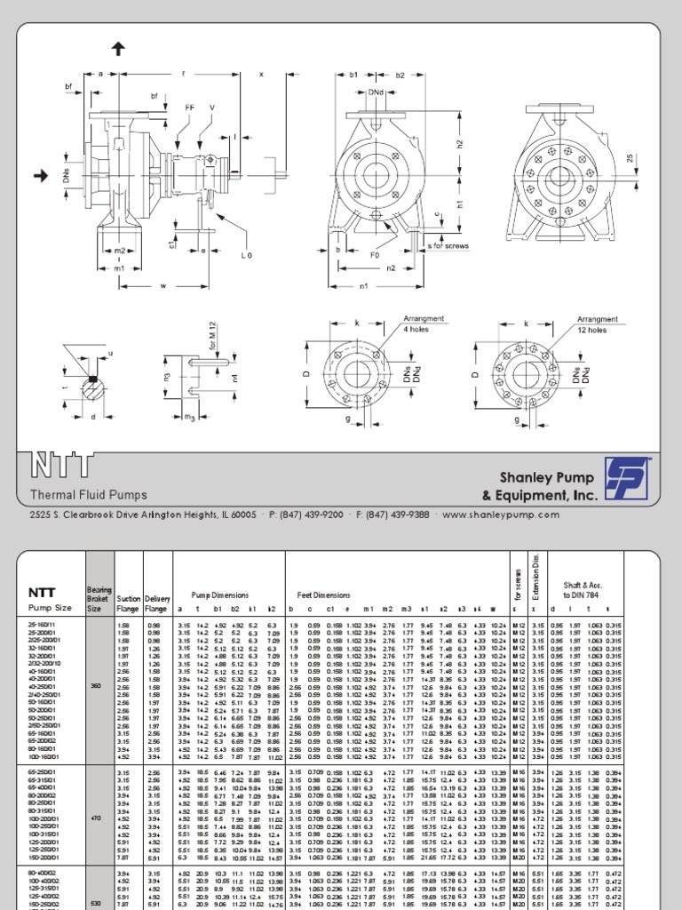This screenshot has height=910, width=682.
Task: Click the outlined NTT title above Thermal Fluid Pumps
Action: (x=61, y=465)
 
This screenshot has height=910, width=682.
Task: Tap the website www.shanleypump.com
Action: (x=512, y=515)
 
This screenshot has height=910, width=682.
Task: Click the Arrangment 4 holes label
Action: (x=423, y=323)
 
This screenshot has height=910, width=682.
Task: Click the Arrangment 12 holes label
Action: (x=597, y=323)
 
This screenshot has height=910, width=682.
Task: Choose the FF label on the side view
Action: (x=189, y=108)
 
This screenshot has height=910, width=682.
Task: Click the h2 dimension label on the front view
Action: (x=459, y=144)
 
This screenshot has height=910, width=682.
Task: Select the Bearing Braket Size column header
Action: (x=99, y=597)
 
